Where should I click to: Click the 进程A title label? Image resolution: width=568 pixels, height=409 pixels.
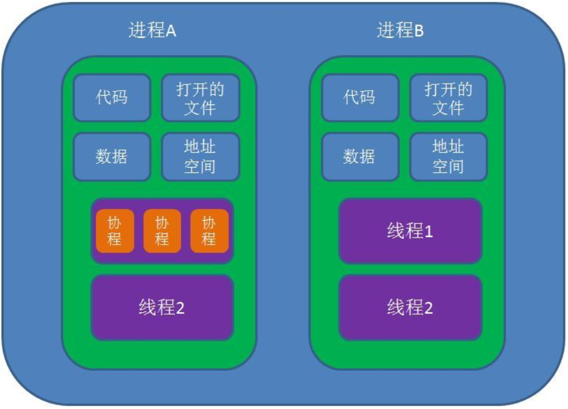coord(152,31)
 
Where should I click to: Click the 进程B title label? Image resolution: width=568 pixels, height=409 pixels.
coord(400,31)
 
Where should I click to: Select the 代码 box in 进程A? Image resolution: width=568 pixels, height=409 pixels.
coord(112,98)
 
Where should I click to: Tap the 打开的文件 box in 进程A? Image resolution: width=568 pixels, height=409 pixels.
coord(200,98)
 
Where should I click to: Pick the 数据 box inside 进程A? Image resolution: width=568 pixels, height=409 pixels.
coord(112,156)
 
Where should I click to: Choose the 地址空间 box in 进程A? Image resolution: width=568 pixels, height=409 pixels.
coord(200,156)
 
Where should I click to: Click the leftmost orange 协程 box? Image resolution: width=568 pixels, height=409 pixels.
coord(114,231)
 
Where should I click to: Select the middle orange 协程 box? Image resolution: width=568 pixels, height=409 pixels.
coord(162,231)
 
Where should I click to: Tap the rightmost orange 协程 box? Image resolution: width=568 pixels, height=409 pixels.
coord(209,231)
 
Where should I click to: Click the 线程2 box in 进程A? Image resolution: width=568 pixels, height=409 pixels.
coord(162,308)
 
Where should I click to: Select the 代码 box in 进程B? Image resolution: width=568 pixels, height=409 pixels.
coord(359,98)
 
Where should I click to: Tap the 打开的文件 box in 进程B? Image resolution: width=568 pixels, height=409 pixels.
coord(448,98)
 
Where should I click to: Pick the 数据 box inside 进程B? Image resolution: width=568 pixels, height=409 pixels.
coord(359,156)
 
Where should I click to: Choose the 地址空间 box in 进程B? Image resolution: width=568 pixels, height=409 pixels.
coord(448,156)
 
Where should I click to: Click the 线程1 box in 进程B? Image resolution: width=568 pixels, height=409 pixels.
coord(410,231)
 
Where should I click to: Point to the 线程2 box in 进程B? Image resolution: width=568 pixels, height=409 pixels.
coord(410,308)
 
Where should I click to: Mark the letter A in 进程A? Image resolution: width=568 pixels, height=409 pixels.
coord(171,32)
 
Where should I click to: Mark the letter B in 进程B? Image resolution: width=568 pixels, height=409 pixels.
coord(419,32)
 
